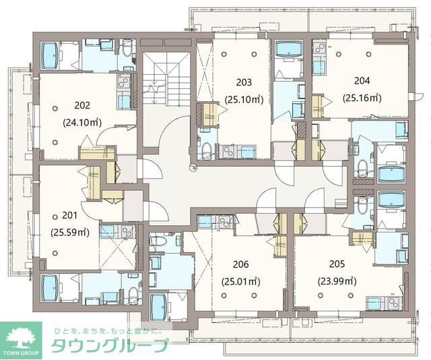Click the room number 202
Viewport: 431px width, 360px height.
click(82, 106)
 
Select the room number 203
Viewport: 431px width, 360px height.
click(244, 83)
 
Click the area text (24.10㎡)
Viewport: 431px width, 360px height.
click(82, 123)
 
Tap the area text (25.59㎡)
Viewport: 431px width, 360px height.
click(70, 233)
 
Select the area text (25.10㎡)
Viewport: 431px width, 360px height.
click(244, 100)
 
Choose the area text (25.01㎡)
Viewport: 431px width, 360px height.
click(241, 282)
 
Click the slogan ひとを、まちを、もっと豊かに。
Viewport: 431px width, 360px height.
click(109, 330)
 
